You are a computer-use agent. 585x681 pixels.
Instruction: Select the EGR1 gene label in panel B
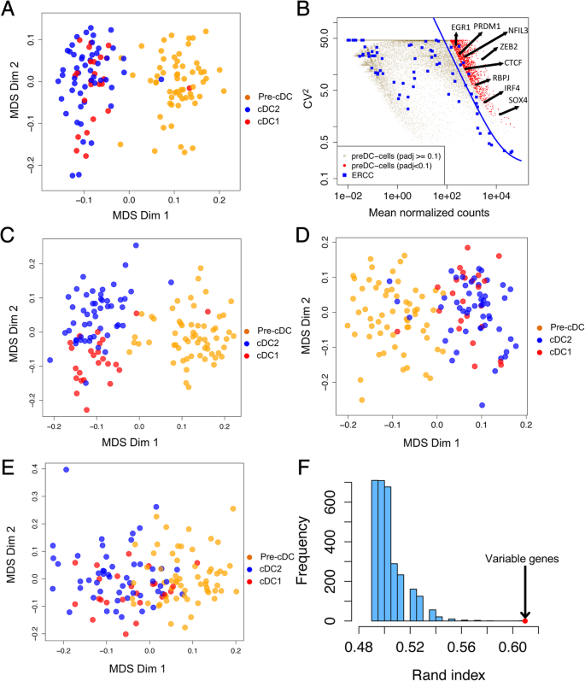(462, 28)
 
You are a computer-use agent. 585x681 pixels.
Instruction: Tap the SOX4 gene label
(530, 101)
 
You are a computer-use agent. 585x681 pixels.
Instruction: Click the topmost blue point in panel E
(66, 470)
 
